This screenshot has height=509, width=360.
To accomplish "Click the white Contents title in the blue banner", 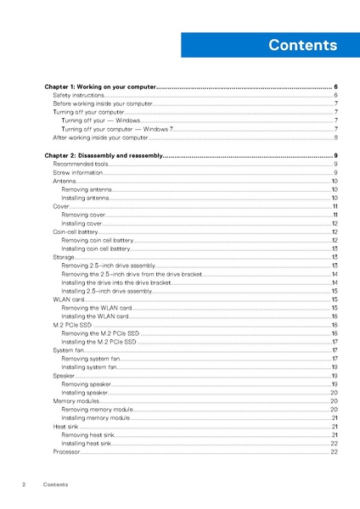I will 301,45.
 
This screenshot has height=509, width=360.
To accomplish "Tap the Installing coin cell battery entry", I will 96,249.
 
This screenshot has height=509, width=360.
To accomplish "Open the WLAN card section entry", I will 68,299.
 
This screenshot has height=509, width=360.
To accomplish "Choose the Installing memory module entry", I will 96,418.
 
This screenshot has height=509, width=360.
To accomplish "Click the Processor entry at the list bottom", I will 66,452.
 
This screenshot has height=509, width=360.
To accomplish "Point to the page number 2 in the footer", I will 24,484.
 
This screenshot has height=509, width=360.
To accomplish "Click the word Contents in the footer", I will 55,484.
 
